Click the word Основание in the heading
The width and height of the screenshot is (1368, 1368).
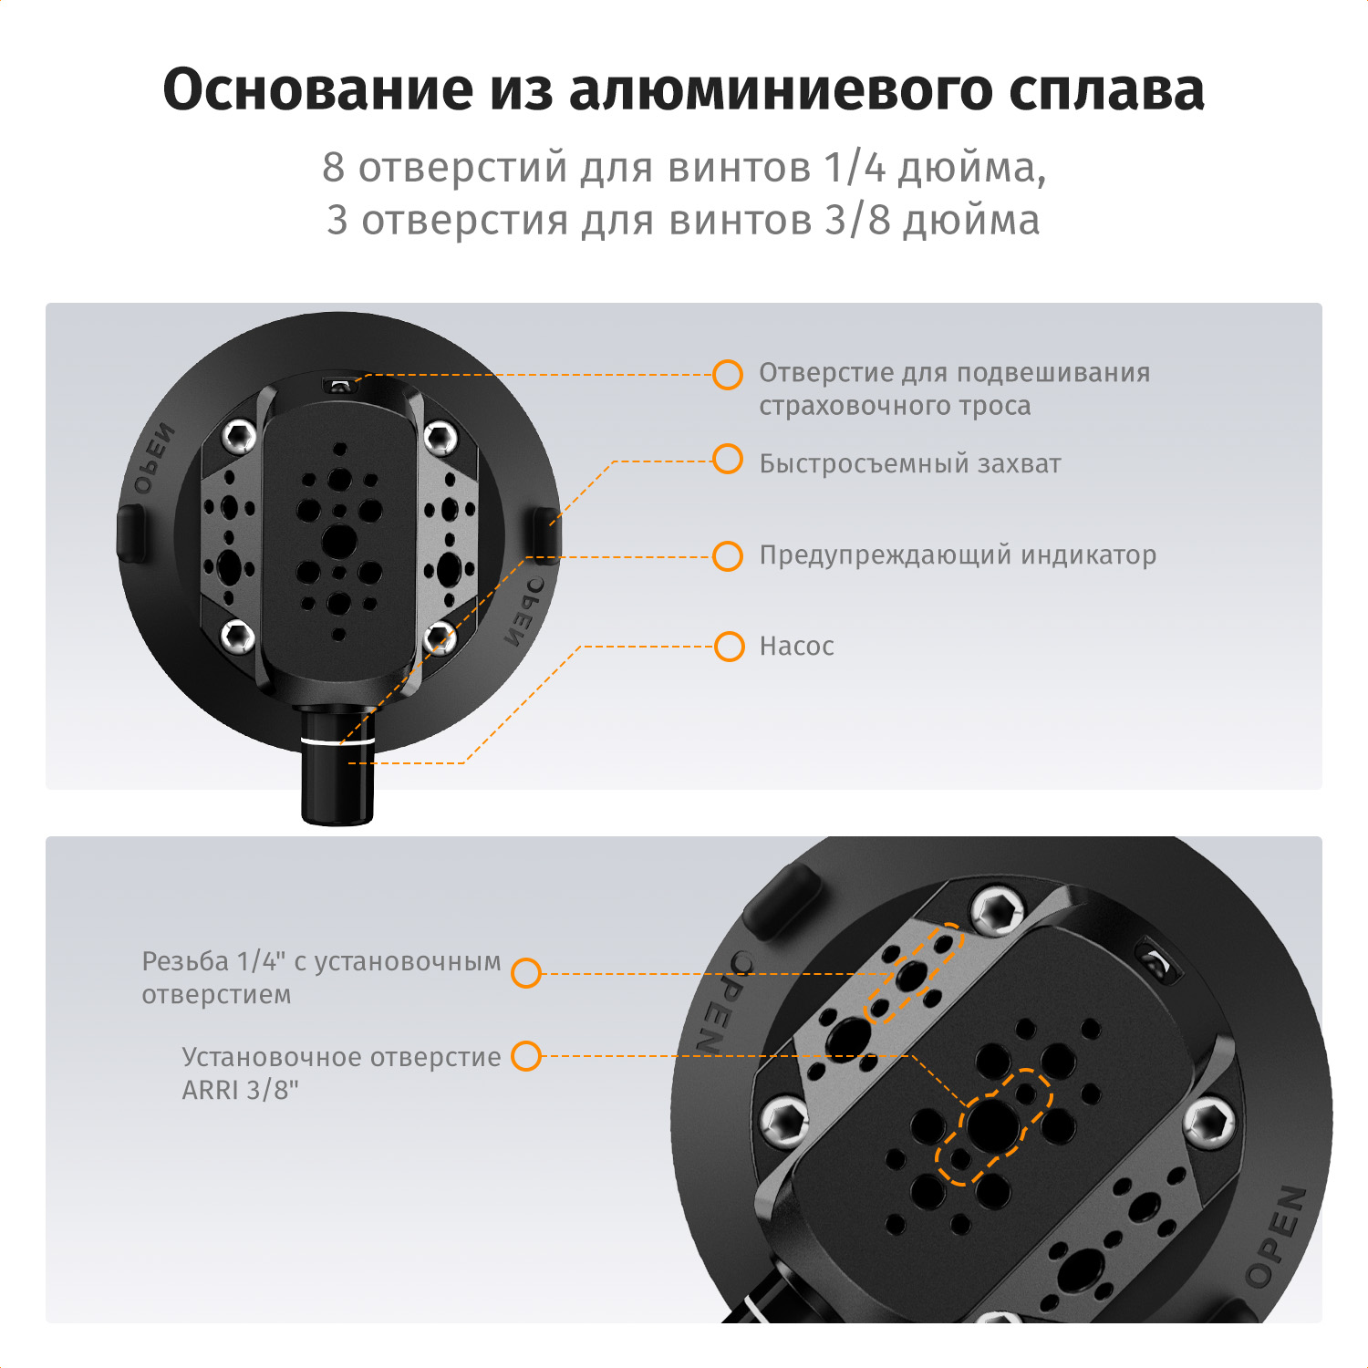point(318,89)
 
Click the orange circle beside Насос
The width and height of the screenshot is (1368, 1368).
point(729,647)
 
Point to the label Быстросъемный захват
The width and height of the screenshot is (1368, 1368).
point(910,464)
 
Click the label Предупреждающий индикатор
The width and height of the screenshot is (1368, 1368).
point(958,555)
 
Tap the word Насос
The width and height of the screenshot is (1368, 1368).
point(796,647)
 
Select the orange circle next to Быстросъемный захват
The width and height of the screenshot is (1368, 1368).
point(727,460)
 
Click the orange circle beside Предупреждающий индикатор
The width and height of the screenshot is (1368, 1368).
point(727,555)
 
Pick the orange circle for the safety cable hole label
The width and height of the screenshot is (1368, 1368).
point(727,374)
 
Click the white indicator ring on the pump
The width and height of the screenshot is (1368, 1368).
point(337,741)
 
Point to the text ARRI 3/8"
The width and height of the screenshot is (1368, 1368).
point(241,1091)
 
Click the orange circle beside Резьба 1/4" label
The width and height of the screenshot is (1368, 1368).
point(526,973)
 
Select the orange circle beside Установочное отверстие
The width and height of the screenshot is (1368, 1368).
point(526,1056)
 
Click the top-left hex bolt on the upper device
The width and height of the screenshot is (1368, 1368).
point(239,437)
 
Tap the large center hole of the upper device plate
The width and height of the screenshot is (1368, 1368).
point(339,541)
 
